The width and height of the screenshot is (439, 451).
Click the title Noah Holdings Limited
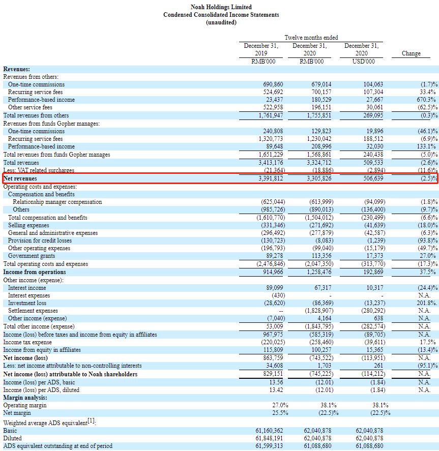click(x=221, y=7)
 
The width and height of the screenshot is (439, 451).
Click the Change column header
click(x=411, y=53)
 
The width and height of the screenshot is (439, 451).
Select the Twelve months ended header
click(x=311, y=38)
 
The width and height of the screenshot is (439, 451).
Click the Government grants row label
click(x=32, y=256)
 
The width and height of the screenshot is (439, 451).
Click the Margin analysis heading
click(x=25, y=397)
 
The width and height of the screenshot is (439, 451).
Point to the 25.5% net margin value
click(x=280, y=413)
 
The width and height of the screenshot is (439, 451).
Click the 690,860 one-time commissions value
click(x=272, y=84)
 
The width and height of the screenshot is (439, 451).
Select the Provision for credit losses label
click(x=40, y=240)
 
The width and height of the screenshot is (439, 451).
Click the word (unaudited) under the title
click(x=221, y=22)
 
